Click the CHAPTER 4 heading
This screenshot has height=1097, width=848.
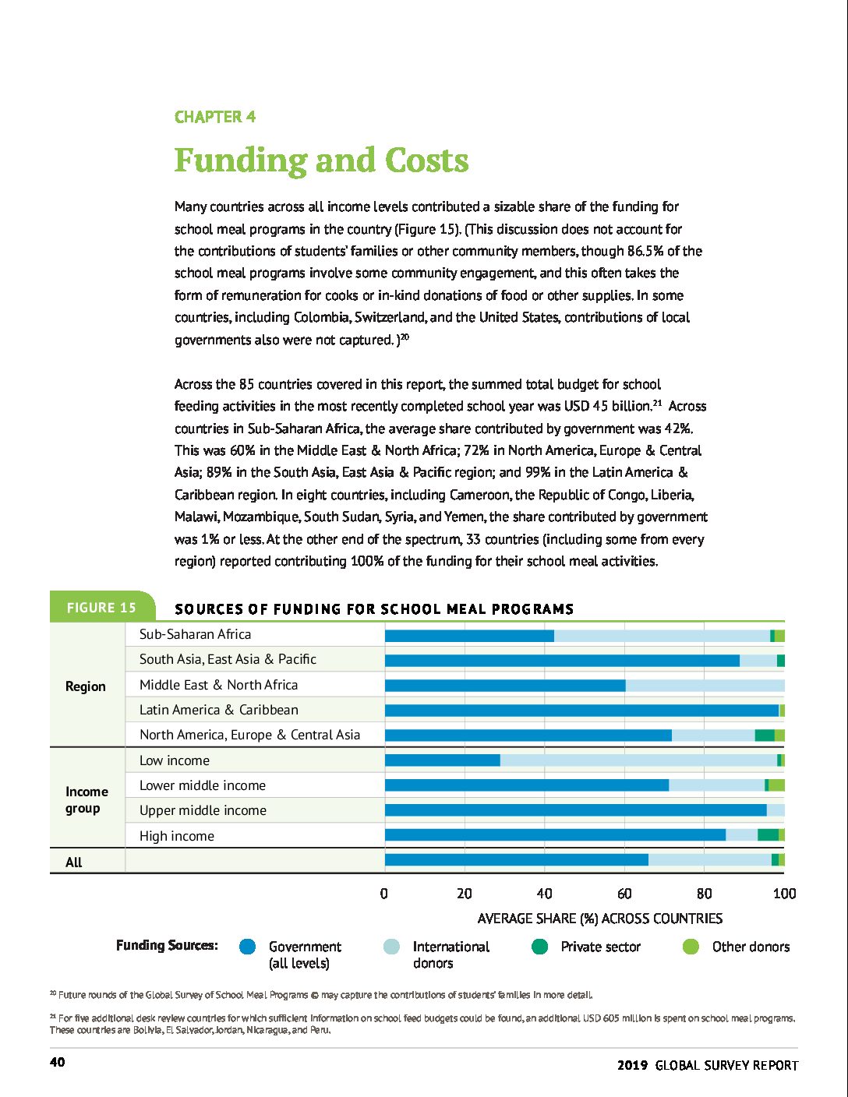point(215,117)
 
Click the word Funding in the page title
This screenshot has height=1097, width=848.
point(241,160)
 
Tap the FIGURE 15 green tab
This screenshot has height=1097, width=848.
point(101,608)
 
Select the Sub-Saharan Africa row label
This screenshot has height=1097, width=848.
point(195,634)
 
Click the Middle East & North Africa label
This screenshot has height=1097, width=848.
point(218,685)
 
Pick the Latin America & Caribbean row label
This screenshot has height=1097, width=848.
point(218,710)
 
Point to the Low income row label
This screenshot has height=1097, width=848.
point(175,760)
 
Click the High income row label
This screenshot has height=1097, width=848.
point(176,836)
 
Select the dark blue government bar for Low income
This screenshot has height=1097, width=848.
point(442,760)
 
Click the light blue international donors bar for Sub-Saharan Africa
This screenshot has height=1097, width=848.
point(662,636)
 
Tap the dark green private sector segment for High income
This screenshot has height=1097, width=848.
point(768,835)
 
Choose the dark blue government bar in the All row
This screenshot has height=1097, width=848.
point(516,860)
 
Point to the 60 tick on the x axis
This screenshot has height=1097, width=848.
point(624,894)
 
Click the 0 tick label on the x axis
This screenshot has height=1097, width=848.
point(384,894)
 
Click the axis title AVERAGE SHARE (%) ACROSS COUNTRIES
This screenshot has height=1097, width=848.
point(599,919)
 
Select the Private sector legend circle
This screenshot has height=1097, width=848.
point(539,947)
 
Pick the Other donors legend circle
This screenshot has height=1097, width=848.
point(691,947)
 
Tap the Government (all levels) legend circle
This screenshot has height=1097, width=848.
point(248,947)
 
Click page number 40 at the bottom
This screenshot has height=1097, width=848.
point(58,1062)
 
